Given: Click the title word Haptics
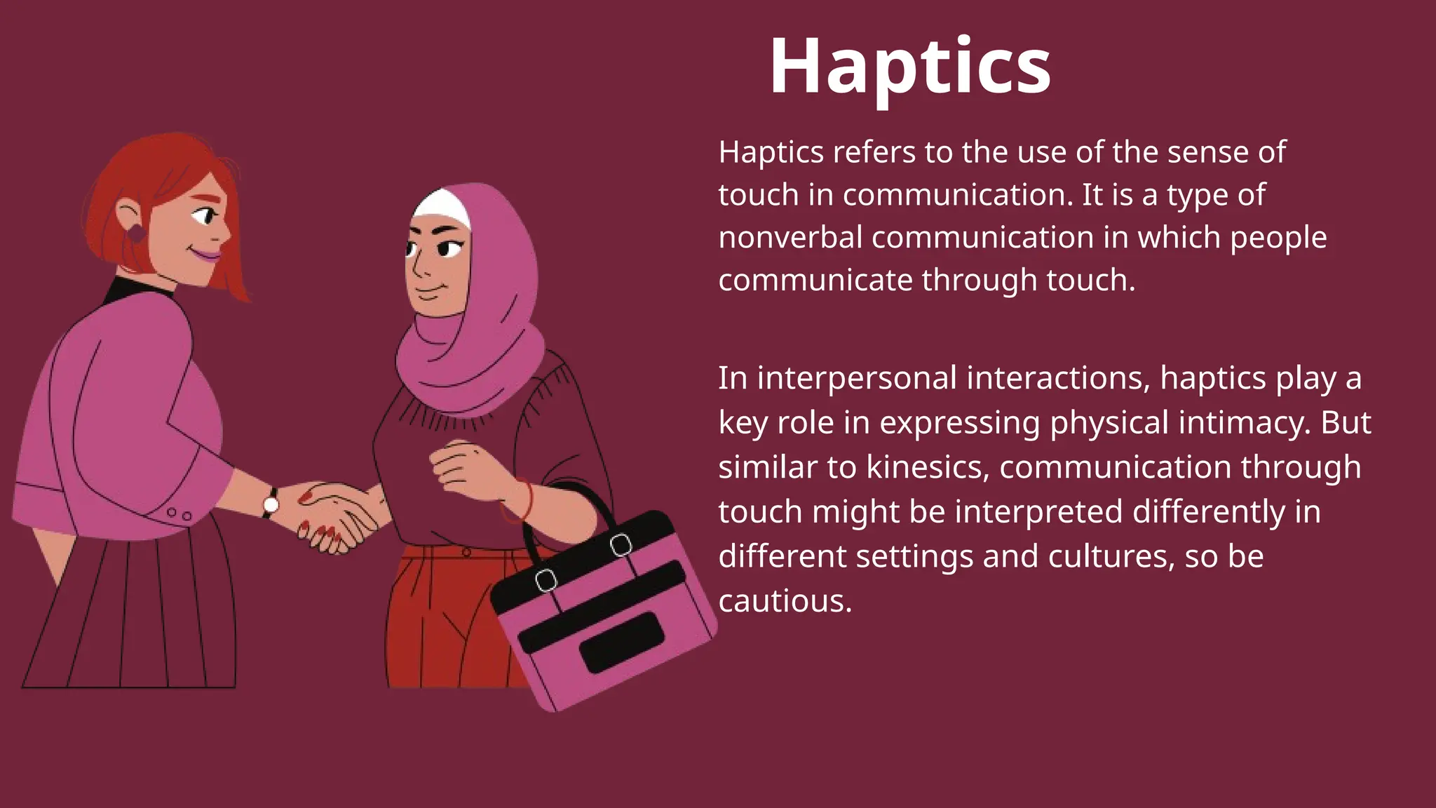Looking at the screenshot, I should click(909, 67).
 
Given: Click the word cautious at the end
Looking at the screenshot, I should click(785, 601).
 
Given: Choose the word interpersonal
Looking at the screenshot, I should click(857, 378).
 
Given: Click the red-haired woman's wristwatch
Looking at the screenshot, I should click(271, 503).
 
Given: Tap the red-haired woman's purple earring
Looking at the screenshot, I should click(135, 232).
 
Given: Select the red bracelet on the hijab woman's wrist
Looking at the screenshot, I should click(524, 499).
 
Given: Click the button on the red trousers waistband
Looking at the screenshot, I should click(466, 553).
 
